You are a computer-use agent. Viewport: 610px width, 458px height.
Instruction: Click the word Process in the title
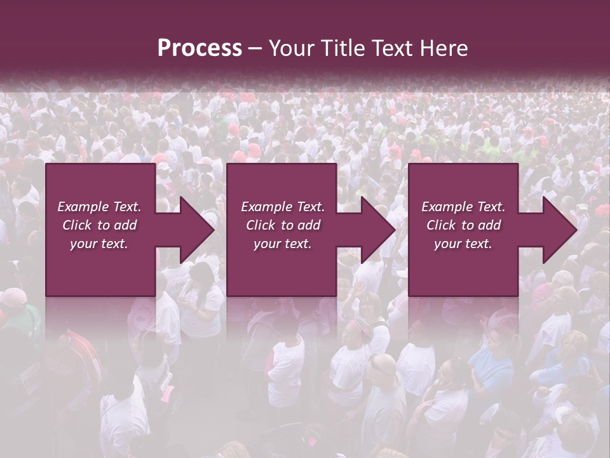coord(200,48)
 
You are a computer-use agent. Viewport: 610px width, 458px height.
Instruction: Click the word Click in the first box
coord(78,225)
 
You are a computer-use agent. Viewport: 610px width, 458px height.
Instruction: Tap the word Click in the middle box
coord(261,225)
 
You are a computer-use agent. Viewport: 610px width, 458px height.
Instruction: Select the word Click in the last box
coord(442,225)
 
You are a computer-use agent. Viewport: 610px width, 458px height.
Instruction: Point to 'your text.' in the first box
coord(99,244)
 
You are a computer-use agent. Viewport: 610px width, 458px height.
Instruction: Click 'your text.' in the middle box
coord(282,244)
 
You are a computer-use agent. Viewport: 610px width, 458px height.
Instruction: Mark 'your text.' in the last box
coord(463,244)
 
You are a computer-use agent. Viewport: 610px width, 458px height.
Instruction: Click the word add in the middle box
coord(309,225)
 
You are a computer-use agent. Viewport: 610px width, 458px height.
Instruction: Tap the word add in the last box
coord(489,225)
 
